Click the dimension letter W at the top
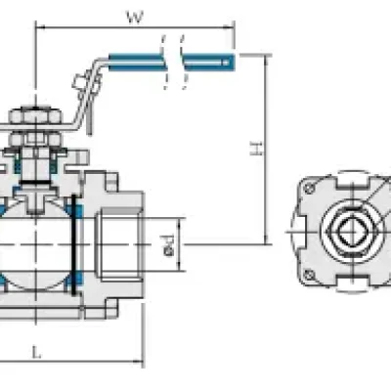(x=135, y=17)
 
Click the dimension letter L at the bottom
(x=37, y=352)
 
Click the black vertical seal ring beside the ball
(x=74, y=244)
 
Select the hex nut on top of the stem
(x=35, y=115)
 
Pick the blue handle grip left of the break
(x=136, y=62)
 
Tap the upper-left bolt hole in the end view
(x=309, y=188)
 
